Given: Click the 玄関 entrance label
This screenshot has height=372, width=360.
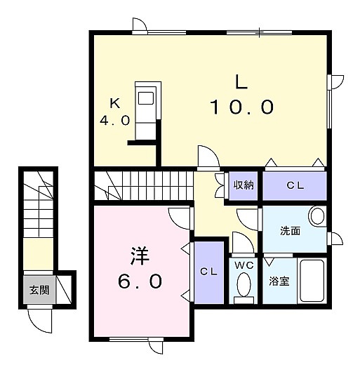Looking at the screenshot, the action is coord(39,290).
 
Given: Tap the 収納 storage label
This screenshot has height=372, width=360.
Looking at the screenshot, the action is coord(244,185).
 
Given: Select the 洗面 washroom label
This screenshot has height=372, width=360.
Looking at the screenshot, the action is coord(291,231).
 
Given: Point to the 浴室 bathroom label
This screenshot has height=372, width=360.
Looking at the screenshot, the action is coord(279,281).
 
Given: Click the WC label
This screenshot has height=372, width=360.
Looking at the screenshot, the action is coord(244,265).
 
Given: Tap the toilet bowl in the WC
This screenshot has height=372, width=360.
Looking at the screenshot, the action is coord(244,284).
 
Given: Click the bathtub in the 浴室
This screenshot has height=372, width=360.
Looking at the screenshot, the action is coord(312,281).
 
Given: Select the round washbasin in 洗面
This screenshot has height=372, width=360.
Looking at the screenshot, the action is coord(316,216).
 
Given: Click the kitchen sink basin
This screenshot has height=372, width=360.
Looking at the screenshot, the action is coord(146,98).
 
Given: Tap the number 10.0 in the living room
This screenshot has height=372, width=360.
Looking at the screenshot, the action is coord(241,107).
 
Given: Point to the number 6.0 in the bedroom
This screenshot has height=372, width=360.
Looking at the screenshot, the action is coord(140,281).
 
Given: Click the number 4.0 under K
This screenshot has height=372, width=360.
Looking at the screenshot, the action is coord(114,120).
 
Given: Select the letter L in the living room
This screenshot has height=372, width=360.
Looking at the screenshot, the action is coord(241,82).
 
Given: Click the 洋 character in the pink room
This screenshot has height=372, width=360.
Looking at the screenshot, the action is coord(140,256).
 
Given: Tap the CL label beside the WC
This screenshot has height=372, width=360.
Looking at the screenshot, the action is coord(208,272).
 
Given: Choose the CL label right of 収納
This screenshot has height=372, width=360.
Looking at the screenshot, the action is coord(295,185).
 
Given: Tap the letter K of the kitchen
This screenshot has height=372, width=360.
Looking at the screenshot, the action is coord(115,103).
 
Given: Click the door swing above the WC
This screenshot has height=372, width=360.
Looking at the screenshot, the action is coord(243,243).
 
